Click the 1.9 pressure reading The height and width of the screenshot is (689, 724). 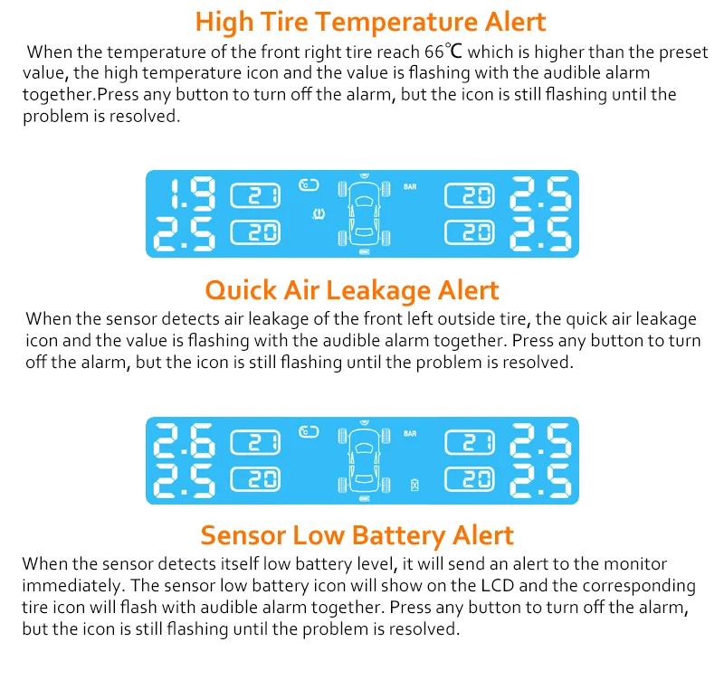(193, 193)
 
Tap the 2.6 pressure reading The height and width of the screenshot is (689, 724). (184, 440)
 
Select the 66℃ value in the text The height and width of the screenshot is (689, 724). (443, 52)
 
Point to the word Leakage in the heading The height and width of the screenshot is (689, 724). (378, 290)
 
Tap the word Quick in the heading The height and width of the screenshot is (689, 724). (241, 290)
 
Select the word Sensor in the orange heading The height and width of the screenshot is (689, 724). (243, 536)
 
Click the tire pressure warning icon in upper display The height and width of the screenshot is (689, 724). (319, 213)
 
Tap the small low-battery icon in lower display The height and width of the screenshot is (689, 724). (414, 486)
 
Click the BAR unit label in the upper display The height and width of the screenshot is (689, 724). (410, 187)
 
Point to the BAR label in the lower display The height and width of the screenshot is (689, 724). (410, 433)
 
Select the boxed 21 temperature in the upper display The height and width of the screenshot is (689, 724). (255, 195)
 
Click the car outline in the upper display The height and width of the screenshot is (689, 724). (365, 214)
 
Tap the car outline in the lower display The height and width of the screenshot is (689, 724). (365, 461)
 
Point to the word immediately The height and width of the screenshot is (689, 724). (73, 586)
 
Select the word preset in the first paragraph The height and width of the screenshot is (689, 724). (683, 52)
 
